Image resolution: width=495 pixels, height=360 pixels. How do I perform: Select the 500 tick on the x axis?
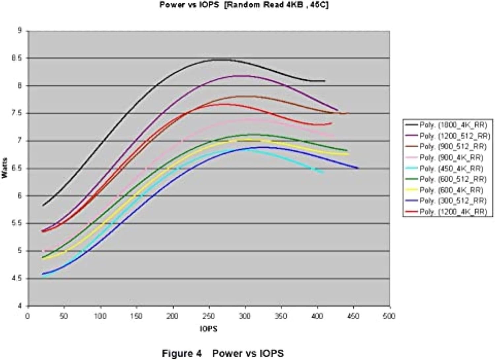[389, 316]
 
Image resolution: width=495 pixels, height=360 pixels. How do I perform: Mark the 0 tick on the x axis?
[28, 316]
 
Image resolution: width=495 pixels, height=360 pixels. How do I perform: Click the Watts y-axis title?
[5, 168]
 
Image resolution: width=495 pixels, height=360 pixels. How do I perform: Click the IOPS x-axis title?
[209, 329]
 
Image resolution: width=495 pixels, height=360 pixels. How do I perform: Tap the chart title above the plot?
[244, 5]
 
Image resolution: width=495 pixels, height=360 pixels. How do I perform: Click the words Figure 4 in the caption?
[181, 353]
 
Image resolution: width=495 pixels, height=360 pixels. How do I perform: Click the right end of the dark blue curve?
[358, 168]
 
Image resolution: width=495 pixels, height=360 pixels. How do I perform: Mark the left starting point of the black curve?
[43, 205]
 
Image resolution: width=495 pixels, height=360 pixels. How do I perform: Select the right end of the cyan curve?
[323, 172]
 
